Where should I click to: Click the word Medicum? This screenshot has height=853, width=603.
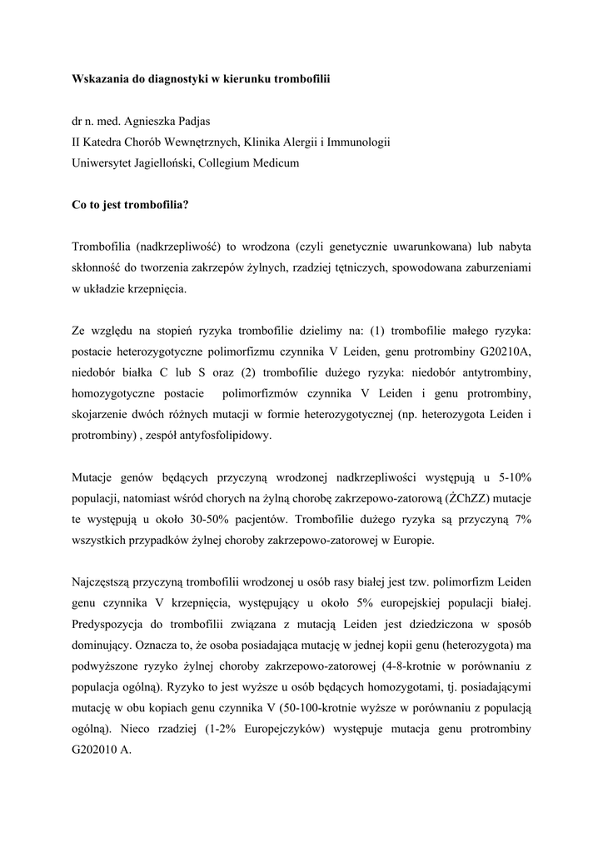[271, 163]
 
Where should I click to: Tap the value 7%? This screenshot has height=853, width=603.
[522, 519]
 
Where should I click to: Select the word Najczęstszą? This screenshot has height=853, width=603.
[103, 582]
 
